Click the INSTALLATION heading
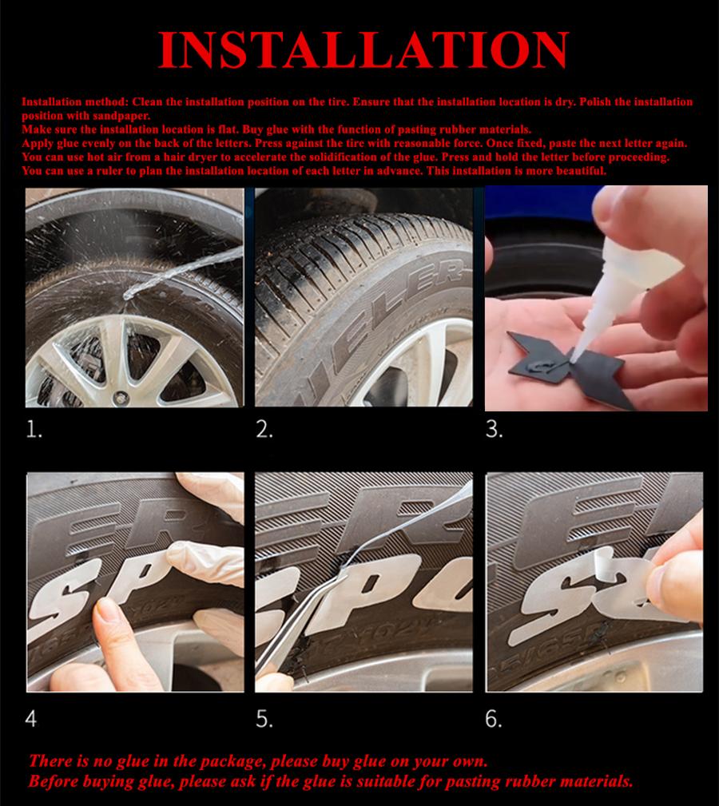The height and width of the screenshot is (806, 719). (x=363, y=51)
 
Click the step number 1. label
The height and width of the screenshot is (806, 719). (x=34, y=430)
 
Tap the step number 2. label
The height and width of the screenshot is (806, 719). (x=264, y=430)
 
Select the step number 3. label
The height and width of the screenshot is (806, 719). (x=494, y=430)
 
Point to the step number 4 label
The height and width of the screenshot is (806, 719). (x=30, y=718)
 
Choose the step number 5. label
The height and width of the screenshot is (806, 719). (x=264, y=718)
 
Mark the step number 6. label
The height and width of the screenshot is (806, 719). (x=494, y=718)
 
